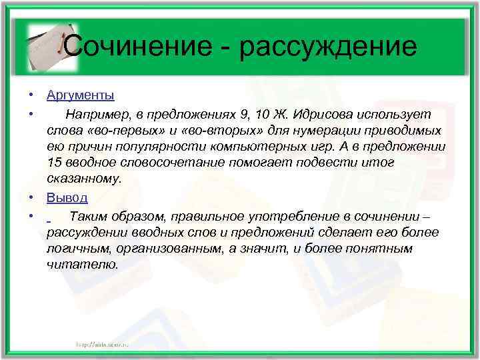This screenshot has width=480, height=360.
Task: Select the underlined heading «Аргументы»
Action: (81, 95)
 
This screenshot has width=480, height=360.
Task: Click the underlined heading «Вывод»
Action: (67, 198)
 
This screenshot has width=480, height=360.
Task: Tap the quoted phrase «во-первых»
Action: (123, 130)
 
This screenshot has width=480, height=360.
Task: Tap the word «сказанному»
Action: (85, 179)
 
